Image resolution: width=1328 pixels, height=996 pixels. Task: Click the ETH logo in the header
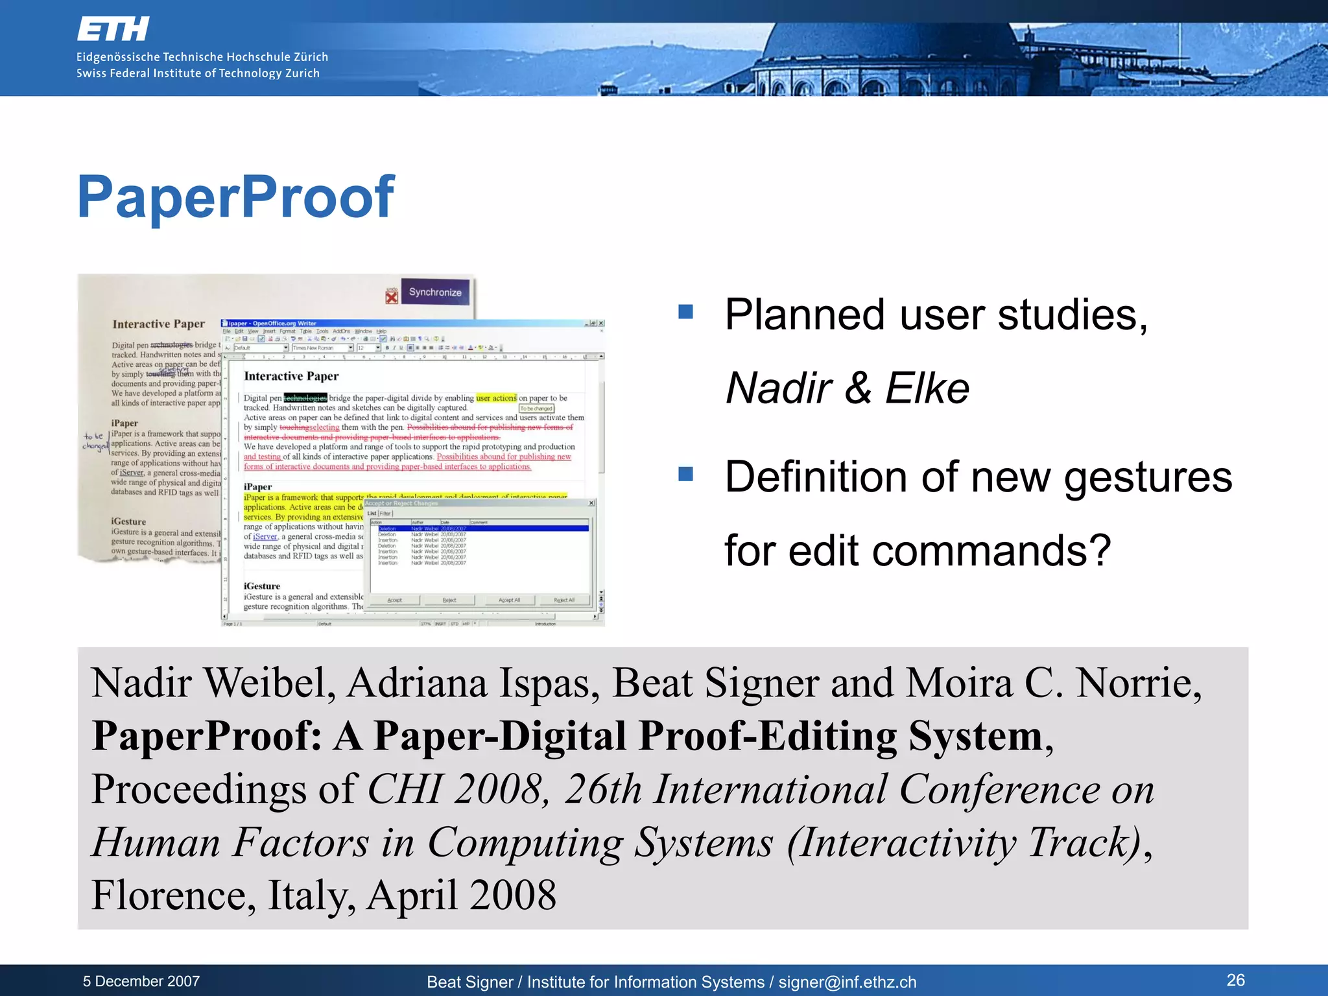point(113,30)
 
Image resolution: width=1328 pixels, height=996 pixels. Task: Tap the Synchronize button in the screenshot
point(435,292)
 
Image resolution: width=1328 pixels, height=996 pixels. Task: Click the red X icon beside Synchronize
point(392,296)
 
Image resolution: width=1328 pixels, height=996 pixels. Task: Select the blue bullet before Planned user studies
point(685,312)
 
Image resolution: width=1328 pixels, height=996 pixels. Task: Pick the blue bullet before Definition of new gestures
point(685,474)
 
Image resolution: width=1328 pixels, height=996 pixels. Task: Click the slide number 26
point(1235,980)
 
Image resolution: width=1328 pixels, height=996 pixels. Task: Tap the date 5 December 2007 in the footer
point(141,981)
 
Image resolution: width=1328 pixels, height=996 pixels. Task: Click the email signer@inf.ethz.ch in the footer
point(848,982)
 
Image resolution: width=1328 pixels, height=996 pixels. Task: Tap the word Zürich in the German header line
point(311,57)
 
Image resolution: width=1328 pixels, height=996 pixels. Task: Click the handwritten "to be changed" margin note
point(95,441)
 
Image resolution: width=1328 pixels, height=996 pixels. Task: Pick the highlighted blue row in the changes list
point(483,528)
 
